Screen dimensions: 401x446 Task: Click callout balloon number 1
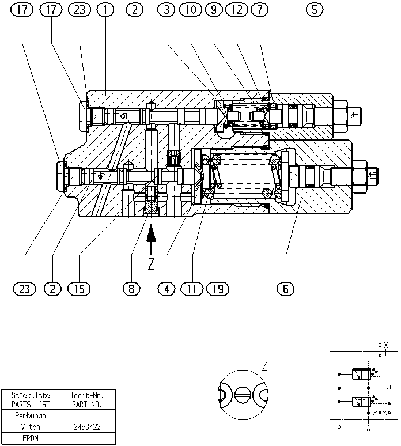(105, 10)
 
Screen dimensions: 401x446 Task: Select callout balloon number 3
(167, 10)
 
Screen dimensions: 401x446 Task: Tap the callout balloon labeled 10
(191, 10)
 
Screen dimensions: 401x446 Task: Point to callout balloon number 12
(237, 10)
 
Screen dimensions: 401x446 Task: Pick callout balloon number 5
(315, 10)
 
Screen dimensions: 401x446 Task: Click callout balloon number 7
(260, 10)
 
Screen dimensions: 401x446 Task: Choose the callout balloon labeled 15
(79, 289)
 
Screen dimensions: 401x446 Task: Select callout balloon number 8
(131, 289)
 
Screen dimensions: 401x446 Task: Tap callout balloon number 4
(167, 289)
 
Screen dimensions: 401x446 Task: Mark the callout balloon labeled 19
(218, 289)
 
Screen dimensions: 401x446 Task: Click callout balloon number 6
(285, 289)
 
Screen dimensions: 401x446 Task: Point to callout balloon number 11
(192, 289)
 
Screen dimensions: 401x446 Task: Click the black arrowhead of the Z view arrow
(152, 233)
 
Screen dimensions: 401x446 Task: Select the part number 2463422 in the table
(87, 427)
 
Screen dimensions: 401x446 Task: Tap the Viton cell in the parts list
(31, 427)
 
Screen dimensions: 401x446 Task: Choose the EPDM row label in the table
(31, 439)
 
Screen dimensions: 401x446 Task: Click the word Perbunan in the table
(31, 415)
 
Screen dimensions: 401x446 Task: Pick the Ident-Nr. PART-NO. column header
(87, 400)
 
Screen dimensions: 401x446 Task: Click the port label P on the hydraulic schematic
(339, 428)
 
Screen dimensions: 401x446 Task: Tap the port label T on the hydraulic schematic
(389, 428)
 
